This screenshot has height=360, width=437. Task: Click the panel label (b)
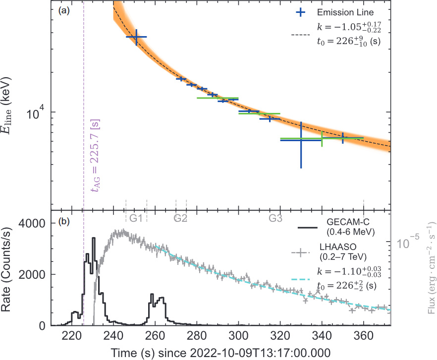point(64,221)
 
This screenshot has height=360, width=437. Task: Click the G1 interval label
point(136,218)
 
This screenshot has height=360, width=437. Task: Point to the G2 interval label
point(180,218)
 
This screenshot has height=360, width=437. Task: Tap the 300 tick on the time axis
point(238,336)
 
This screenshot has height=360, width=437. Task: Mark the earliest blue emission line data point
point(136,37)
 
